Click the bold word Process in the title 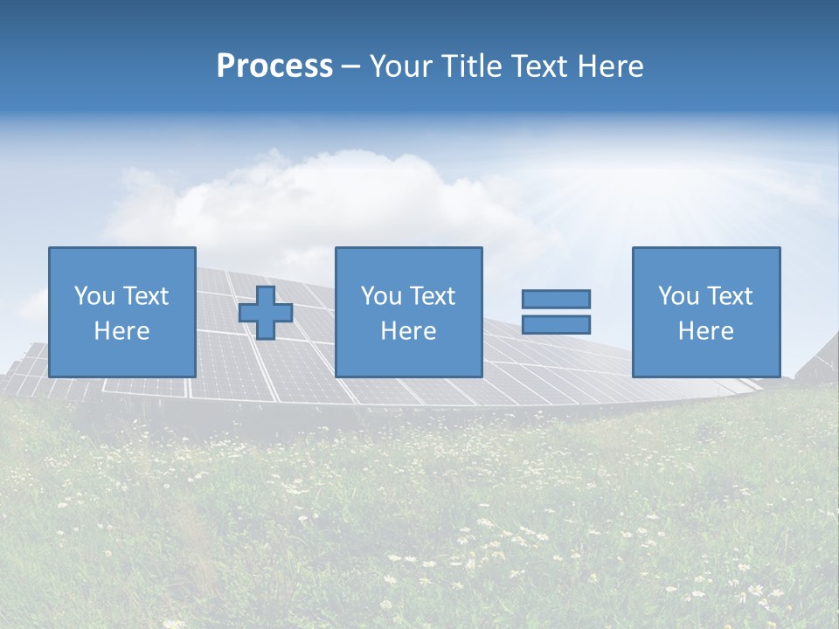pyautogui.click(x=274, y=66)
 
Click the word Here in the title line pyautogui.click(x=612, y=66)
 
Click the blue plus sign pyautogui.click(x=266, y=313)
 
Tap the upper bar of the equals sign pyautogui.click(x=556, y=300)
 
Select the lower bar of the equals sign pyautogui.click(x=556, y=325)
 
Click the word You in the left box pyautogui.click(x=94, y=296)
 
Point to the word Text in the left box pyautogui.click(x=145, y=296)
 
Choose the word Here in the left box pyautogui.click(x=121, y=331)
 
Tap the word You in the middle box pyautogui.click(x=381, y=296)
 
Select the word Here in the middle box pyautogui.click(x=408, y=331)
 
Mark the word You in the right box pyautogui.click(x=678, y=296)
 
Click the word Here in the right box pyautogui.click(x=705, y=331)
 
